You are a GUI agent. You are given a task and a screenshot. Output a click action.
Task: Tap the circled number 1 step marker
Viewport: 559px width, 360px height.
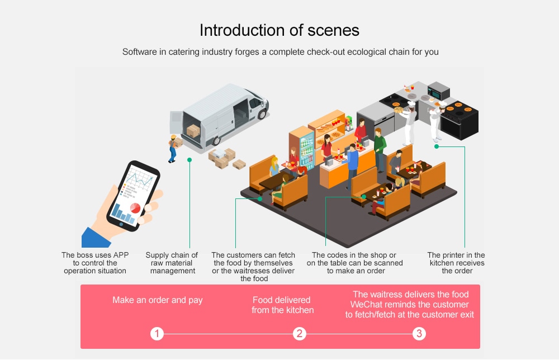[x=157, y=334]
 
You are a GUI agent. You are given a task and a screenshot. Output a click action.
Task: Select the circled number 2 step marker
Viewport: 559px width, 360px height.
[x=300, y=334]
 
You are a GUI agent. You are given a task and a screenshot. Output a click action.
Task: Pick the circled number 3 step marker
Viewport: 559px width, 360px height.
[x=419, y=334]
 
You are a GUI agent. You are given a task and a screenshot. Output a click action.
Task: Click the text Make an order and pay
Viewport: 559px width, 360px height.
[x=158, y=300]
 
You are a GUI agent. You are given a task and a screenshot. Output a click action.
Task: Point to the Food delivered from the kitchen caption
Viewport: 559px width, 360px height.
[x=282, y=305]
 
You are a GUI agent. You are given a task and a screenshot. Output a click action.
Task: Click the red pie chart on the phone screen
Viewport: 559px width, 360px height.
[x=135, y=208]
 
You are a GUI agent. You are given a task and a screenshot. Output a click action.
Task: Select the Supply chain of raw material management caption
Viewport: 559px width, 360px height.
[x=172, y=263]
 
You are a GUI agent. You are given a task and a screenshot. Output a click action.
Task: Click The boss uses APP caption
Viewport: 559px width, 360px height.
[x=95, y=263]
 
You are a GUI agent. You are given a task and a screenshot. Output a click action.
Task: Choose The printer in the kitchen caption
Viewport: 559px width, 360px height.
[x=456, y=263]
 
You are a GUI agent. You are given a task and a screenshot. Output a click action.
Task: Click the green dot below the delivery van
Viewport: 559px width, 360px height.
[x=190, y=160]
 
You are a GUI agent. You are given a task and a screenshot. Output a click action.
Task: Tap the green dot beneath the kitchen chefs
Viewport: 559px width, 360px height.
[x=437, y=146]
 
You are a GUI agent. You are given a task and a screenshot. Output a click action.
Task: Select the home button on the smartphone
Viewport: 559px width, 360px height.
[x=122, y=224]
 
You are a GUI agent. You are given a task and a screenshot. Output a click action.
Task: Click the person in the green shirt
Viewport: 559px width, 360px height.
[x=380, y=147]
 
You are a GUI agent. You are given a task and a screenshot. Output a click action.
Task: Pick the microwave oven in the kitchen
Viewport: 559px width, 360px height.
[x=438, y=91]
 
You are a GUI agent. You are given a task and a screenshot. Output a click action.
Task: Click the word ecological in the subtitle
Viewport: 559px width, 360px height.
[x=367, y=52]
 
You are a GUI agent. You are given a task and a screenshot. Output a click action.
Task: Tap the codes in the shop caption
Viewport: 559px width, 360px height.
[x=354, y=263]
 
